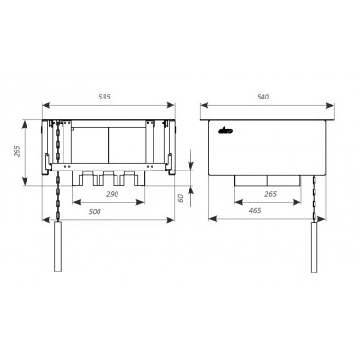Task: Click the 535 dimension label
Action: (104, 97)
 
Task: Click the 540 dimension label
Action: (262, 97)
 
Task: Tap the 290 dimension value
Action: (112, 194)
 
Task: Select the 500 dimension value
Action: (95, 211)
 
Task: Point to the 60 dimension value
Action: (181, 198)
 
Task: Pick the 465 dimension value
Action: (255, 210)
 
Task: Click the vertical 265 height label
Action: (17, 152)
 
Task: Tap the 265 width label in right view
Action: (270, 194)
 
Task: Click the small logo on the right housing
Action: (225, 130)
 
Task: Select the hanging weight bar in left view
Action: (58, 246)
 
